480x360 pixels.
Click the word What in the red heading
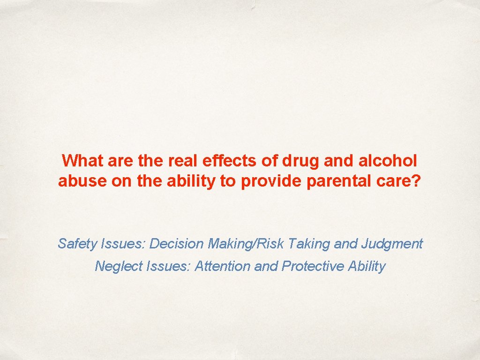pos(82,161)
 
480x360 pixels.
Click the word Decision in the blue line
pos(177,244)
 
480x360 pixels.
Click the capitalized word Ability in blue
pos(367,266)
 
